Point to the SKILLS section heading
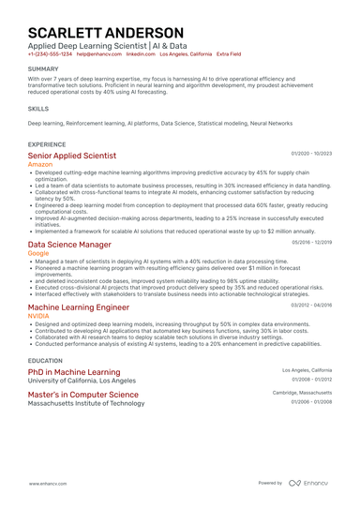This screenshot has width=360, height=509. (38, 109)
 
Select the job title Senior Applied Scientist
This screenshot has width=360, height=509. (72, 156)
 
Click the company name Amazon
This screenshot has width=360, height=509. (42, 164)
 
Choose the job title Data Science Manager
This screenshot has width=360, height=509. (69, 244)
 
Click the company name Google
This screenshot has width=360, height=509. (39, 253)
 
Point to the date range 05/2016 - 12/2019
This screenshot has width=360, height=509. (311, 242)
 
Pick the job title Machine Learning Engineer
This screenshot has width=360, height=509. (79, 307)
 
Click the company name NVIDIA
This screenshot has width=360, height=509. (39, 316)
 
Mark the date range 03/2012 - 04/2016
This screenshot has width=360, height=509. (311, 305)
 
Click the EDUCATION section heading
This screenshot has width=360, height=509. (45, 360)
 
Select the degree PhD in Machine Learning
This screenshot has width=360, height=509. (74, 372)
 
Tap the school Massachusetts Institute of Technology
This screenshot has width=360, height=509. (86, 403)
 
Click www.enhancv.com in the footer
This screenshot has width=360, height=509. (47, 483)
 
